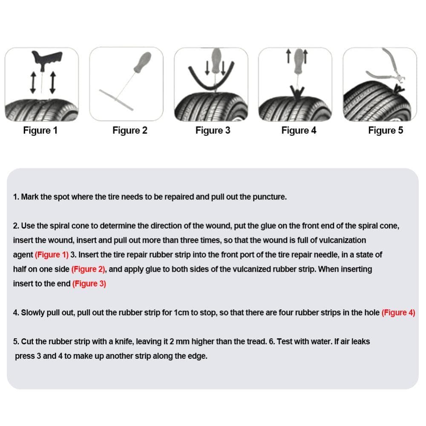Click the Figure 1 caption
click(40, 130)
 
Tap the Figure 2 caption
click(130, 130)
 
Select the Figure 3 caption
click(213, 130)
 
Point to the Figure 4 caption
click(299, 130)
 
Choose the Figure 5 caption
click(386, 130)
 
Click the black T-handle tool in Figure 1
click(46, 58)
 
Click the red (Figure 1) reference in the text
click(52, 255)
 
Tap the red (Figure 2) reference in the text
click(89, 269)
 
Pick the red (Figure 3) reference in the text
click(89, 284)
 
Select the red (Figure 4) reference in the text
click(398, 313)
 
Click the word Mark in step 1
click(30, 197)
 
